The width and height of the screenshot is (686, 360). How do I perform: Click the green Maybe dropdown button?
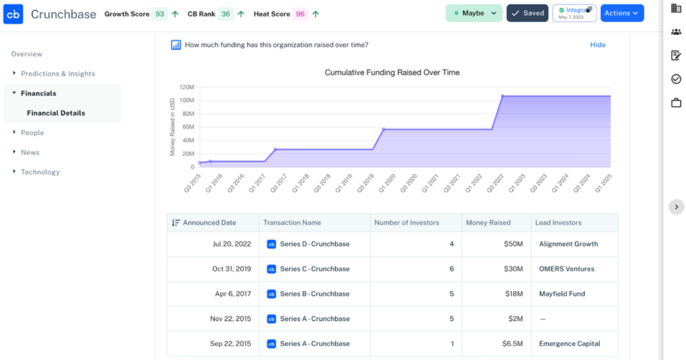(474, 13)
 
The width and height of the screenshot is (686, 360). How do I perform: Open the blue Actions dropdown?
(622, 13)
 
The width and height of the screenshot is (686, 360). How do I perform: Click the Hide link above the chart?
(598, 45)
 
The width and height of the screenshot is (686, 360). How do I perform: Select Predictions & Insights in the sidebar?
(58, 74)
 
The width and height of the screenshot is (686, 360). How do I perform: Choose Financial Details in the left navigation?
(56, 113)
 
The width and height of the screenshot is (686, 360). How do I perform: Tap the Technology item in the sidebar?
(40, 172)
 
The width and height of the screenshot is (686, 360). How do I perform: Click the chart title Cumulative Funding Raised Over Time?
(392, 72)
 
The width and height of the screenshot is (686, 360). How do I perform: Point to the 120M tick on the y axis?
(187, 87)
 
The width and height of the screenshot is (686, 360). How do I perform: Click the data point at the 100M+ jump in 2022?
(502, 97)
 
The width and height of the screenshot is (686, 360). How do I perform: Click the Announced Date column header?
(209, 223)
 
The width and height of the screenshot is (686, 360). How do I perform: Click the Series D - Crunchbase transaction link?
(314, 244)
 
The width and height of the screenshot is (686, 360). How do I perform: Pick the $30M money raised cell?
(513, 269)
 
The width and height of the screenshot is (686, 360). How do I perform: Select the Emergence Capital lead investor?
(569, 344)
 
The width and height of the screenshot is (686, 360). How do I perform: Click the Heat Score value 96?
(300, 14)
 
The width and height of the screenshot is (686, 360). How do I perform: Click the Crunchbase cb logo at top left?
(13, 14)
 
